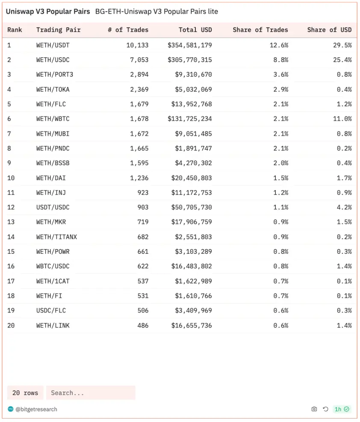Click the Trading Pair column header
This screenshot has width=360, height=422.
58,30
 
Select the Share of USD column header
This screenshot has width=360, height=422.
329,30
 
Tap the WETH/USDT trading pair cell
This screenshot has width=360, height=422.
53,45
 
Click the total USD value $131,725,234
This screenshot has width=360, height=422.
190,119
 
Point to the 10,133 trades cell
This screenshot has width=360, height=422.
137,45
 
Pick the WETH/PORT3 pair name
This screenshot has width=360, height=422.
55,74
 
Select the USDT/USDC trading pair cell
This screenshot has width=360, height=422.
53,207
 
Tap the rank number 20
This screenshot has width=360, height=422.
11,325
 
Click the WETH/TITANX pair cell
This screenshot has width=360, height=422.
56,237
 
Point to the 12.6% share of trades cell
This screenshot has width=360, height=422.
279,45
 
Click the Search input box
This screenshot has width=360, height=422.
91,392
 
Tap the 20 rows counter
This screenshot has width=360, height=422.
25,392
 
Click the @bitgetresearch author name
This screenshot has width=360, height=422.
36,409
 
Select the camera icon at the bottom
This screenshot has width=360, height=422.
314,409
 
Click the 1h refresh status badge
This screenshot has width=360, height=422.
342,409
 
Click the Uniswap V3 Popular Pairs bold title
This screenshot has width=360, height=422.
48,12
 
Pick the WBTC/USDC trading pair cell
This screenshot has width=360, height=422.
53,266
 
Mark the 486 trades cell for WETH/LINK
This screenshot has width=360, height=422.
143,325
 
